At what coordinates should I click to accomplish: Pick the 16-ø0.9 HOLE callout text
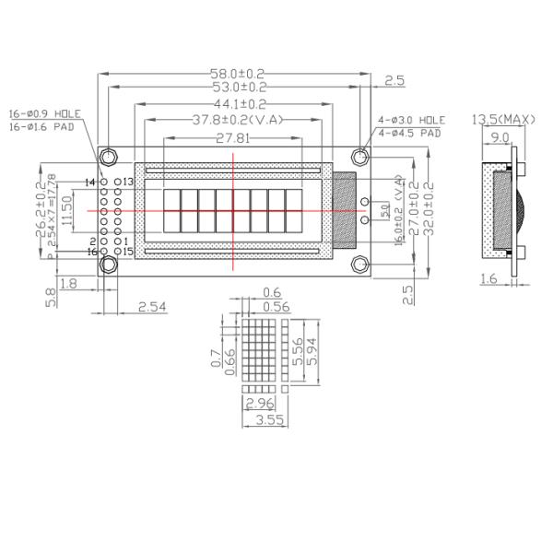pos(45,114)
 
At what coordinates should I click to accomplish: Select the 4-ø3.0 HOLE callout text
pos(411,121)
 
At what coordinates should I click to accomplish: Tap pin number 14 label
pos(90,182)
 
